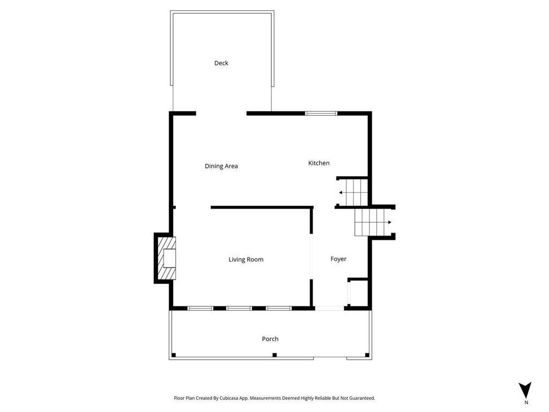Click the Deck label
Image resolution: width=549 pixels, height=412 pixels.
click(221, 63)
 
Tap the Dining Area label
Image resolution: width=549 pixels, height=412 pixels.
click(221, 166)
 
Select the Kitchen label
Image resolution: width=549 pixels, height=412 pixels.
click(318, 163)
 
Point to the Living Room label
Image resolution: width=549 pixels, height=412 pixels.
click(246, 260)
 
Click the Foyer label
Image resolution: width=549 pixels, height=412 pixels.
click(338, 259)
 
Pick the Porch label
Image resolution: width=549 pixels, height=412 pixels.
click(270, 339)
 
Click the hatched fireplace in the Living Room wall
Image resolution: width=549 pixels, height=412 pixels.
click(167, 258)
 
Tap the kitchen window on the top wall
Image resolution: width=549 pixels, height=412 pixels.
click(321, 113)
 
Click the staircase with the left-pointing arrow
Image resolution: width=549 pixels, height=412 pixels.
click(353, 192)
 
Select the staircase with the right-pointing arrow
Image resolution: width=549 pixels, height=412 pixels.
click(373, 222)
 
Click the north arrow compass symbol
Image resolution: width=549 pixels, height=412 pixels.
click(525, 389)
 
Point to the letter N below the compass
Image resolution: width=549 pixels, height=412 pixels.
click(526, 402)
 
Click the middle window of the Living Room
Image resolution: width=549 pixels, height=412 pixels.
click(239, 308)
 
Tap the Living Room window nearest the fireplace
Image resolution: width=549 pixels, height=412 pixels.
click(200, 308)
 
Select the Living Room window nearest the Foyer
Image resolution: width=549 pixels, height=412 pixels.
click(278, 308)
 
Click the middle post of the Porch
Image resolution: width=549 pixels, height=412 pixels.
click(274, 355)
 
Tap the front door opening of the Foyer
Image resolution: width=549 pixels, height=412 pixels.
click(329, 308)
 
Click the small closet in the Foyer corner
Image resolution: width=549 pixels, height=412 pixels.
click(358, 293)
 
